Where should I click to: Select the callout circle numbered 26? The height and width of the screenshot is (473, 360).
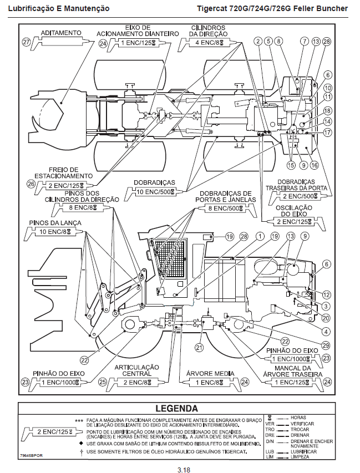[x=31, y=184]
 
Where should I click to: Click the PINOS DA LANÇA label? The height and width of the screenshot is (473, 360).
[x=50, y=222]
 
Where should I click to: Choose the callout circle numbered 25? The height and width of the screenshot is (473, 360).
[x=103, y=382]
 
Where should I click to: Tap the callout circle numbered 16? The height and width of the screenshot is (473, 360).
[x=313, y=165]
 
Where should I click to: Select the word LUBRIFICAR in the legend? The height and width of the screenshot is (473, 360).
[x=302, y=452]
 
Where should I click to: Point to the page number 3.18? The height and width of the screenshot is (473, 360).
[x=184, y=470]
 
